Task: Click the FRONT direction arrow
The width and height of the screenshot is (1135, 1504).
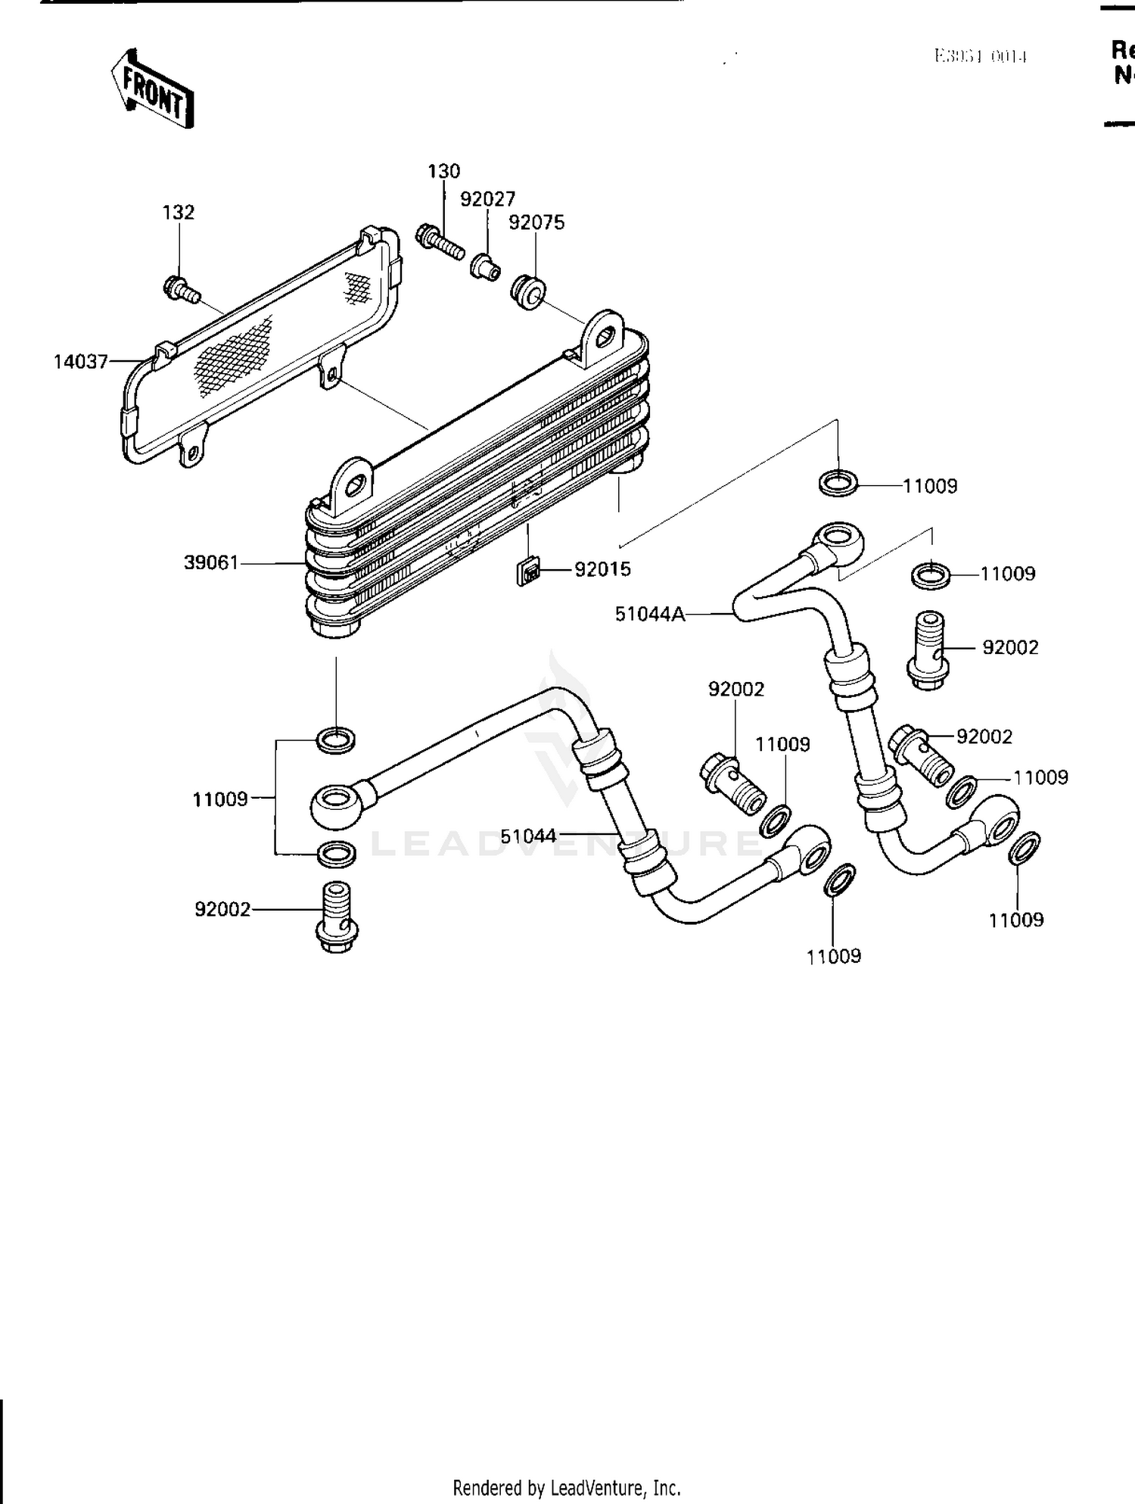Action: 153,89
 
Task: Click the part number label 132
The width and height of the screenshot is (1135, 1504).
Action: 179,213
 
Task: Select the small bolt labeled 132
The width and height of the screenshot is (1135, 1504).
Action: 181,290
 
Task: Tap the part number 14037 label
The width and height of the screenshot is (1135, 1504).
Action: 80,362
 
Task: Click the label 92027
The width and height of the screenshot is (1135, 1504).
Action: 488,199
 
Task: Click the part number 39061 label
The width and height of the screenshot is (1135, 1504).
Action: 210,562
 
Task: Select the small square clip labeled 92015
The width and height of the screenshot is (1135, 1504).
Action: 529,571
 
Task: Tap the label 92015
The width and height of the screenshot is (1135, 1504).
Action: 602,569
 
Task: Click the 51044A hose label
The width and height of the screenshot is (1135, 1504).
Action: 649,614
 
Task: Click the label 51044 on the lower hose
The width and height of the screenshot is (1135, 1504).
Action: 528,836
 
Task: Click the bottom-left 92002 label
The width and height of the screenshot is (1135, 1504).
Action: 222,909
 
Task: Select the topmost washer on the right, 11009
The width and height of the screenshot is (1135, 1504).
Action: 838,482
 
